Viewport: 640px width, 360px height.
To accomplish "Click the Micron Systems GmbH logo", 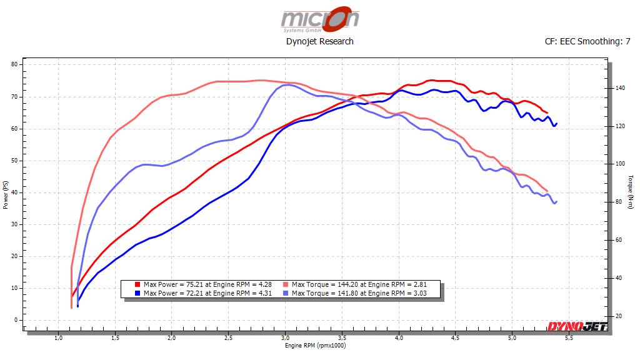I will [319, 19].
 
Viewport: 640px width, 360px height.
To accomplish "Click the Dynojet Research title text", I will [319, 41].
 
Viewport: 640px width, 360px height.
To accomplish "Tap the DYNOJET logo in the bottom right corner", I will [576, 326].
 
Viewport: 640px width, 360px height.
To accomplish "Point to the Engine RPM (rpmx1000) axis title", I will [315, 345].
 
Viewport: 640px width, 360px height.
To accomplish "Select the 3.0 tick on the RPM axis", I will [286, 339].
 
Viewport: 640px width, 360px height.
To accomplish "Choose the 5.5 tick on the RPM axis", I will [569, 339].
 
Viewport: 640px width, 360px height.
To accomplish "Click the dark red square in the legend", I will [137, 284].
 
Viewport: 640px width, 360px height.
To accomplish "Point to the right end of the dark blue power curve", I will [556, 123].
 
